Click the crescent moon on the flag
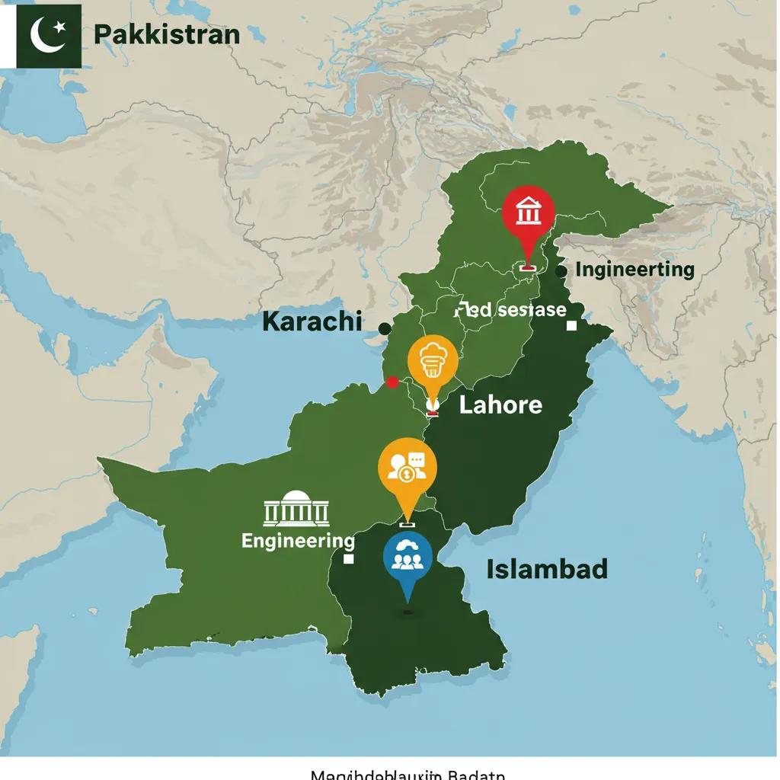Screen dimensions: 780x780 tap(44, 35)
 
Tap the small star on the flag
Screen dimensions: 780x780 tap(61, 27)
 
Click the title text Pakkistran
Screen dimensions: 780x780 tap(167, 35)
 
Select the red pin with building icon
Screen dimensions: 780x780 tap(529, 213)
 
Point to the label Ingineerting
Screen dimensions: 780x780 tap(635, 270)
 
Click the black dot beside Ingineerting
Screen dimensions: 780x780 tap(561, 271)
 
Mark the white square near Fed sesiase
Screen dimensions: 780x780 tap(571, 325)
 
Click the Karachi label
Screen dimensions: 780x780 tap(312, 321)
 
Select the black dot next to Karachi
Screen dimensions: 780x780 tap(385, 328)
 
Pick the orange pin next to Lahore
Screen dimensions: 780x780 tap(433, 360)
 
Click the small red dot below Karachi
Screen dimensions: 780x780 tap(392, 382)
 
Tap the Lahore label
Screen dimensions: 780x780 tap(500, 404)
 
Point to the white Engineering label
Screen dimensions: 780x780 tap(298, 541)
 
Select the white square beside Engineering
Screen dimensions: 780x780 tap(349, 559)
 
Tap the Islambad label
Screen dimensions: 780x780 tap(547, 569)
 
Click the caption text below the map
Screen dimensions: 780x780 tap(408, 774)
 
